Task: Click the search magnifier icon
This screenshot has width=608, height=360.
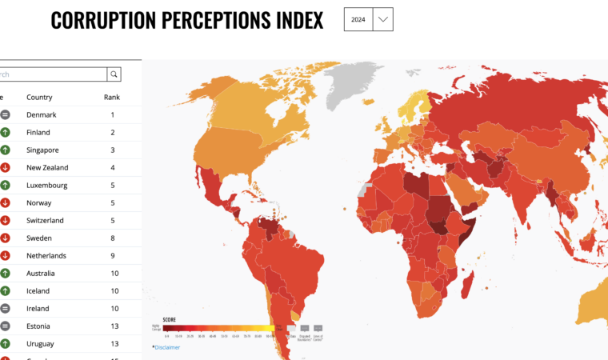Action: pos(115,74)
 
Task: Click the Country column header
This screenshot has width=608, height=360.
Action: pos(39,98)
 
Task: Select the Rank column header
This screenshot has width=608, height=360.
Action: pos(112,98)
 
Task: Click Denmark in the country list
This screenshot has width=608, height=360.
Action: pos(42,115)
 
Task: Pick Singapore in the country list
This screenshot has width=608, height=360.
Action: pos(43,150)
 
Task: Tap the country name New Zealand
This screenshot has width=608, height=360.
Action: pos(47,168)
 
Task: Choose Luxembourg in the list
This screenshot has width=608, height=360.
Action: pos(47,186)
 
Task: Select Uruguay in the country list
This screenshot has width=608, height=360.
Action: pos(41,344)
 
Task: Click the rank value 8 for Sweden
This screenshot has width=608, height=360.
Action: pos(113,238)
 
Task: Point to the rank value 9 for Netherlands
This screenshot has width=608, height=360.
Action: pos(113,256)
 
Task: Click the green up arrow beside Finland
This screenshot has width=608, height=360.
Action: pos(5,133)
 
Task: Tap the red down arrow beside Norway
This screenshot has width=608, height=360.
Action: pos(5,203)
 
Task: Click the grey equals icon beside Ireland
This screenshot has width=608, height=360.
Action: pos(5,309)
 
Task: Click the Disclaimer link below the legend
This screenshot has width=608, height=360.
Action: pos(167,347)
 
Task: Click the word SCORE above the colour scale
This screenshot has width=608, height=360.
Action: pos(169,319)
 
